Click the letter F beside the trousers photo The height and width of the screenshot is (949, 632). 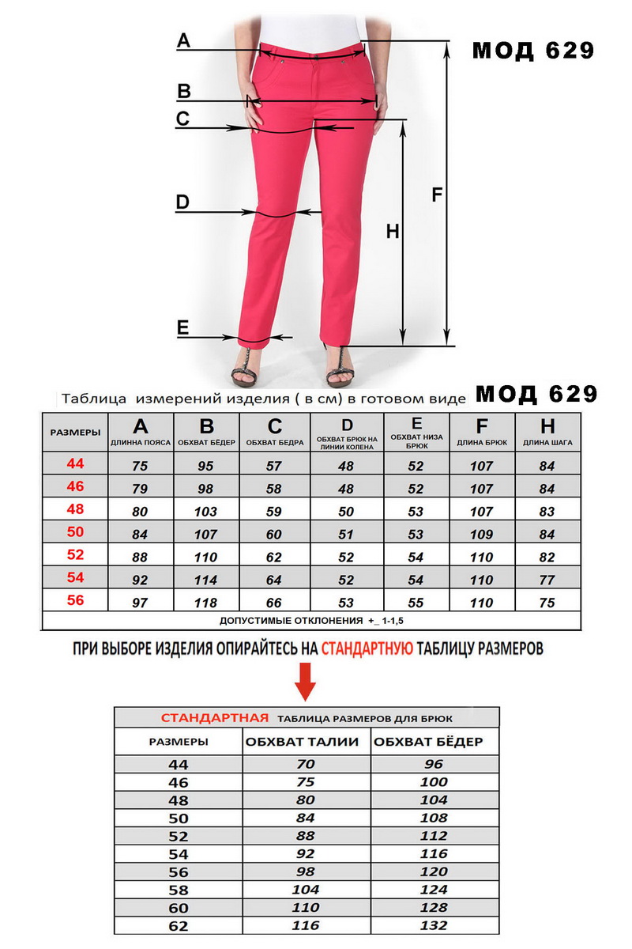(x=437, y=195)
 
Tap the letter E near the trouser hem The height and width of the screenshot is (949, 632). (x=182, y=327)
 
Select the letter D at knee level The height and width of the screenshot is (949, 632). (x=182, y=202)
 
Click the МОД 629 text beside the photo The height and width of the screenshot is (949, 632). (x=532, y=51)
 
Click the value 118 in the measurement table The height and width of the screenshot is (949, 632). (x=206, y=603)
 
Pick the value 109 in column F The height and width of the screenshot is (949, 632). (x=481, y=535)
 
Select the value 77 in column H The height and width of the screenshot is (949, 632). (x=547, y=580)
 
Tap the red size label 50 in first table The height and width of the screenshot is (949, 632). (x=75, y=531)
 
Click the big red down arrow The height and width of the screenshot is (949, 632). (x=306, y=683)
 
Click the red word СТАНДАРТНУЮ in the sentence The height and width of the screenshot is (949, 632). (x=367, y=649)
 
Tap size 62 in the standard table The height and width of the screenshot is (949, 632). (x=179, y=924)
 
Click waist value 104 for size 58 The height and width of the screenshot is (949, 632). (x=306, y=889)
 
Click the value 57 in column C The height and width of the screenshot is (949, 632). (x=274, y=467)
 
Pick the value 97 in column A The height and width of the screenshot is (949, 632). (x=140, y=603)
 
